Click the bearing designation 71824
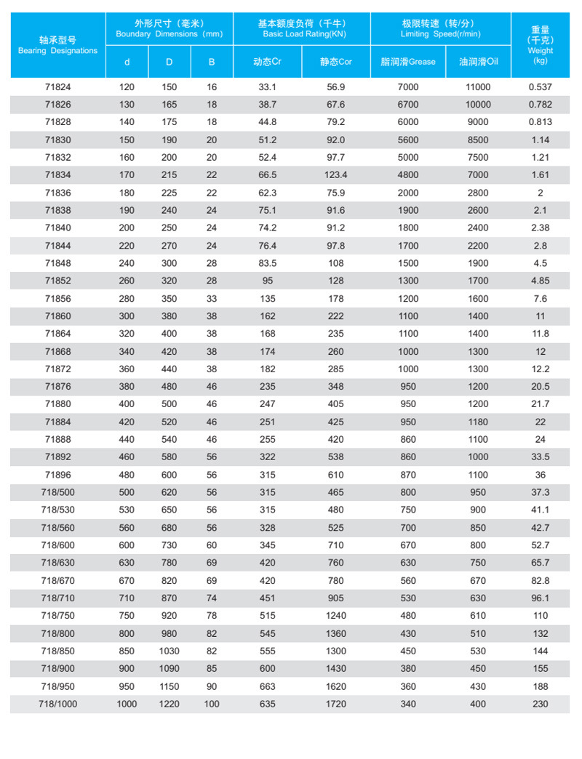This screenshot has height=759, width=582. [57, 87]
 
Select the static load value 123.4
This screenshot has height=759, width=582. [336, 175]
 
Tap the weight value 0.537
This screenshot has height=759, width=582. [540, 87]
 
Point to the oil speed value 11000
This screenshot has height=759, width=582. [478, 87]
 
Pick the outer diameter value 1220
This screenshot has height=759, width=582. [169, 704]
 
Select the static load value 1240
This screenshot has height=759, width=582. [336, 616]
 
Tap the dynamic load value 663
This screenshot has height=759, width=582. [267, 686]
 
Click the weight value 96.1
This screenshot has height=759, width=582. [540, 598]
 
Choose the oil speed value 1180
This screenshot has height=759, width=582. [478, 422]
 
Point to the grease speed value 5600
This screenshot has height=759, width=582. [408, 140]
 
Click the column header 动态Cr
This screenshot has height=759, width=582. [267, 62]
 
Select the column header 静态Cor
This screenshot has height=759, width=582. [336, 62]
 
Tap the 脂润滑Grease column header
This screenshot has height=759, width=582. [408, 62]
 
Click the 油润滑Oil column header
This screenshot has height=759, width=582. [478, 62]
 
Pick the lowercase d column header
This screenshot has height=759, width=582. [127, 62]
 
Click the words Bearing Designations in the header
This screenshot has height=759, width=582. [57, 51]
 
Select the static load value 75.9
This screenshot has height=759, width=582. [336, 193]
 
